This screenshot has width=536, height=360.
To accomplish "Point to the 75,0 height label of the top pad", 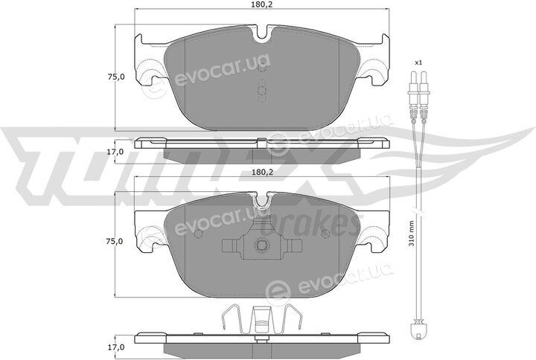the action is click(116, 77).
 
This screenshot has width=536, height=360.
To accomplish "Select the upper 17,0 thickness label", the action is click(115, 152).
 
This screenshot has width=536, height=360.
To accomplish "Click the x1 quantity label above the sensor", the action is click(418, 62).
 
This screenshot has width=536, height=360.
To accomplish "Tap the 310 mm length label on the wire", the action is click(412, 234).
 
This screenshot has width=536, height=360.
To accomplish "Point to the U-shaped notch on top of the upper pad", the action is click(263, 33).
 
